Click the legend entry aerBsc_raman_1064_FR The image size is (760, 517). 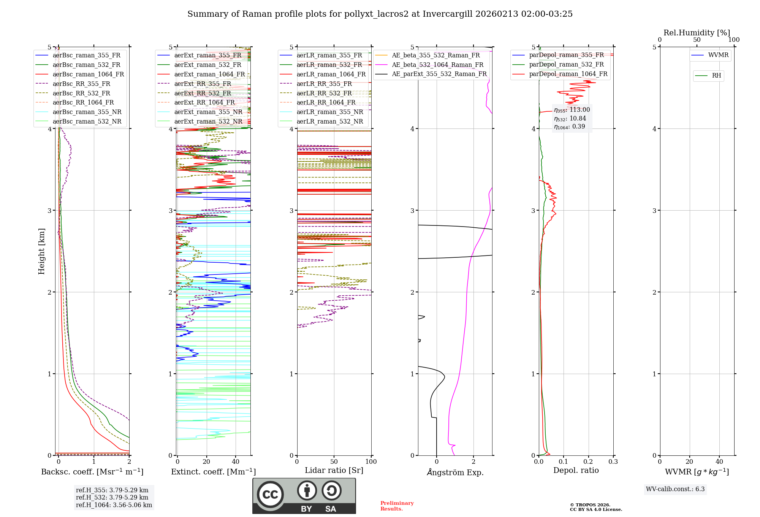pos(88,74)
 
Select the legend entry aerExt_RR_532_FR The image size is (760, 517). pos(202,93)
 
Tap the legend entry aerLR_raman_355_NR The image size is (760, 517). pos(329,112)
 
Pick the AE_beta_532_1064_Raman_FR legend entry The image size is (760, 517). pos(437,65)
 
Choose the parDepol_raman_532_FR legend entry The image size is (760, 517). pos(566,65)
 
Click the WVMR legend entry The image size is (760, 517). pos(718,55)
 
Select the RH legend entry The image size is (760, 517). pos(716,76)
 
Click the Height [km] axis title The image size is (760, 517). pos(41,251)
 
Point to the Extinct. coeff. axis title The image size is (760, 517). pos(213,472)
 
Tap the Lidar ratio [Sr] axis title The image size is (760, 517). pos(334,470)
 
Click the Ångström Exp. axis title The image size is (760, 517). pos(455,473)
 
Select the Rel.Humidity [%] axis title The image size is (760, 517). pos(697,33)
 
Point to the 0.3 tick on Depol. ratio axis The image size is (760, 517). pos(613,462)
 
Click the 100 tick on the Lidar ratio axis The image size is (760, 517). pos(371,462)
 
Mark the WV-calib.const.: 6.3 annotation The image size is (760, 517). pos(675,489)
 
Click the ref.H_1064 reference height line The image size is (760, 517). pos(114,505)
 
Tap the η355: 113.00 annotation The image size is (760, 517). pos(572,110)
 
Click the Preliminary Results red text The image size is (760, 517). pos(397,506)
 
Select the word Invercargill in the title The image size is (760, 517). pos(448,14)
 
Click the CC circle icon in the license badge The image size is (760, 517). pos(270,495)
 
